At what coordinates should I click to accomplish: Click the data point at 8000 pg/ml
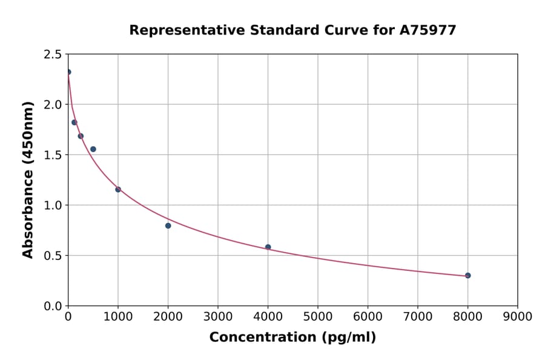[x=467, y=275]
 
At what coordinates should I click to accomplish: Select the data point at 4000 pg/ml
[x=268, y=247]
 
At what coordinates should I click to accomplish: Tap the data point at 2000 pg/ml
[x=168, y=225]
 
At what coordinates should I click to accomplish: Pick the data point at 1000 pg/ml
[x=118, y=190]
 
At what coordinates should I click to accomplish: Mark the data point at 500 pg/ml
[x=93, y=149]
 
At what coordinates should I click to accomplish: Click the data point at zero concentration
[x=68, y=72]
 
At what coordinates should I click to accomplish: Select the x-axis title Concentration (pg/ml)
[x=292, y=338]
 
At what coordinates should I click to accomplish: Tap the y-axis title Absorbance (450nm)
[x=28, y=179]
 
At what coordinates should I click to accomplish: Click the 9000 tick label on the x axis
[x=517, y=316]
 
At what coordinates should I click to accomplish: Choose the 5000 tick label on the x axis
[x=317, y=316]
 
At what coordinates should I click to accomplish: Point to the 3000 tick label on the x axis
[x=217, y=316]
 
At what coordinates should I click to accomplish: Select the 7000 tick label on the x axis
[x=417, y=316]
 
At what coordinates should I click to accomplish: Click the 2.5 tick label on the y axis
[x=52, y=55]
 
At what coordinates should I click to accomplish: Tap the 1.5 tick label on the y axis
[x=52, y=155]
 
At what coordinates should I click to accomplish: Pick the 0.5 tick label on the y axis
[x=52, y=256]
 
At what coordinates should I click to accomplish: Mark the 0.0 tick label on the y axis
[x=52, y=306]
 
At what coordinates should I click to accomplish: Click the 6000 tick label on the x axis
[x=368, y=316]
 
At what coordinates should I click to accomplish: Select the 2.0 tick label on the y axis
[x=52, y=105]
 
